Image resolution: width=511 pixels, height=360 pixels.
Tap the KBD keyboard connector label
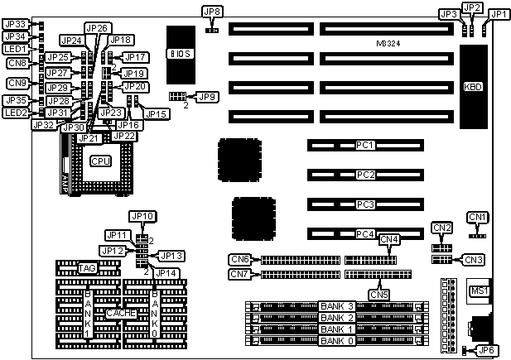[x=475, y=86]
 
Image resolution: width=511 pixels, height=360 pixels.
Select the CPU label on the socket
[x=101, y=160]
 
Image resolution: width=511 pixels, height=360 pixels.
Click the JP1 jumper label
[x=499, y=14]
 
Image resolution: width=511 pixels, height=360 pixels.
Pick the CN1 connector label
[x=478, y=217]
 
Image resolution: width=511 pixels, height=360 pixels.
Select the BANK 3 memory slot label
[x=337, y=306]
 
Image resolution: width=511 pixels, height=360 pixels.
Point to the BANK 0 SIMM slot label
[x=337, y=341]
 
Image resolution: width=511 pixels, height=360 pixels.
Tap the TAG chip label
[x=87, y=268]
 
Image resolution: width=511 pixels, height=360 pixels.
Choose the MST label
[x=478, y=290]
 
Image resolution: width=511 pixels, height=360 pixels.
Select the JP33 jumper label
[x=16, y=24]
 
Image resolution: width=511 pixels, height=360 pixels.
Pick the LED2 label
[x=16, y=112]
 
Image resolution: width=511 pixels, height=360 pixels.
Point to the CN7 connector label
[x=240, y=274]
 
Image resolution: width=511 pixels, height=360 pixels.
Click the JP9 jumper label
[x=207, y=97]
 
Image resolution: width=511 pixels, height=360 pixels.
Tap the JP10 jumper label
[x=143, y=218]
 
